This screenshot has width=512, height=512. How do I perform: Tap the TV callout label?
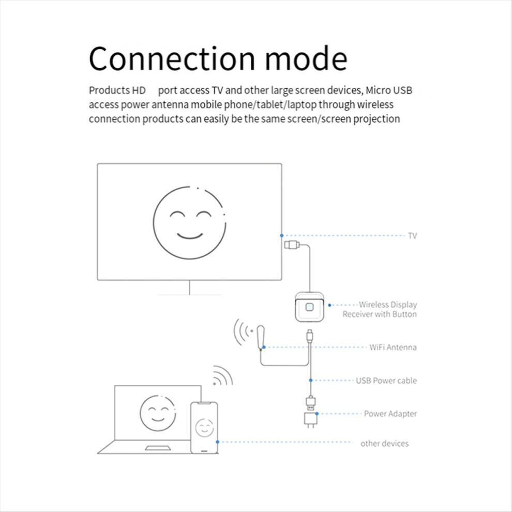(412, 236)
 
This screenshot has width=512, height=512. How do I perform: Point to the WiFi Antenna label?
(393, 347)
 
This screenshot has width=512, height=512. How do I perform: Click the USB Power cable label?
(386, 381)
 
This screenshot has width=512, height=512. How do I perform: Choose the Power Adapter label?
(390, 414)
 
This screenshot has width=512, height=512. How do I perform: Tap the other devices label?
(384, 443)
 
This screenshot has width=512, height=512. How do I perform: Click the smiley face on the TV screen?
(189, 222)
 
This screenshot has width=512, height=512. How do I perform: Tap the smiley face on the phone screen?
(204, 427)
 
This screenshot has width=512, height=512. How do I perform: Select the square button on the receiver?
(309, 307)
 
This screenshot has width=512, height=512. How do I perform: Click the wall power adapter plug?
(310, 418)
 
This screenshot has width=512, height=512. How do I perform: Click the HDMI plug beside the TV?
(291, 244)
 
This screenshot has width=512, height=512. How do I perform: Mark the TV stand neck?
(189, 288)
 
